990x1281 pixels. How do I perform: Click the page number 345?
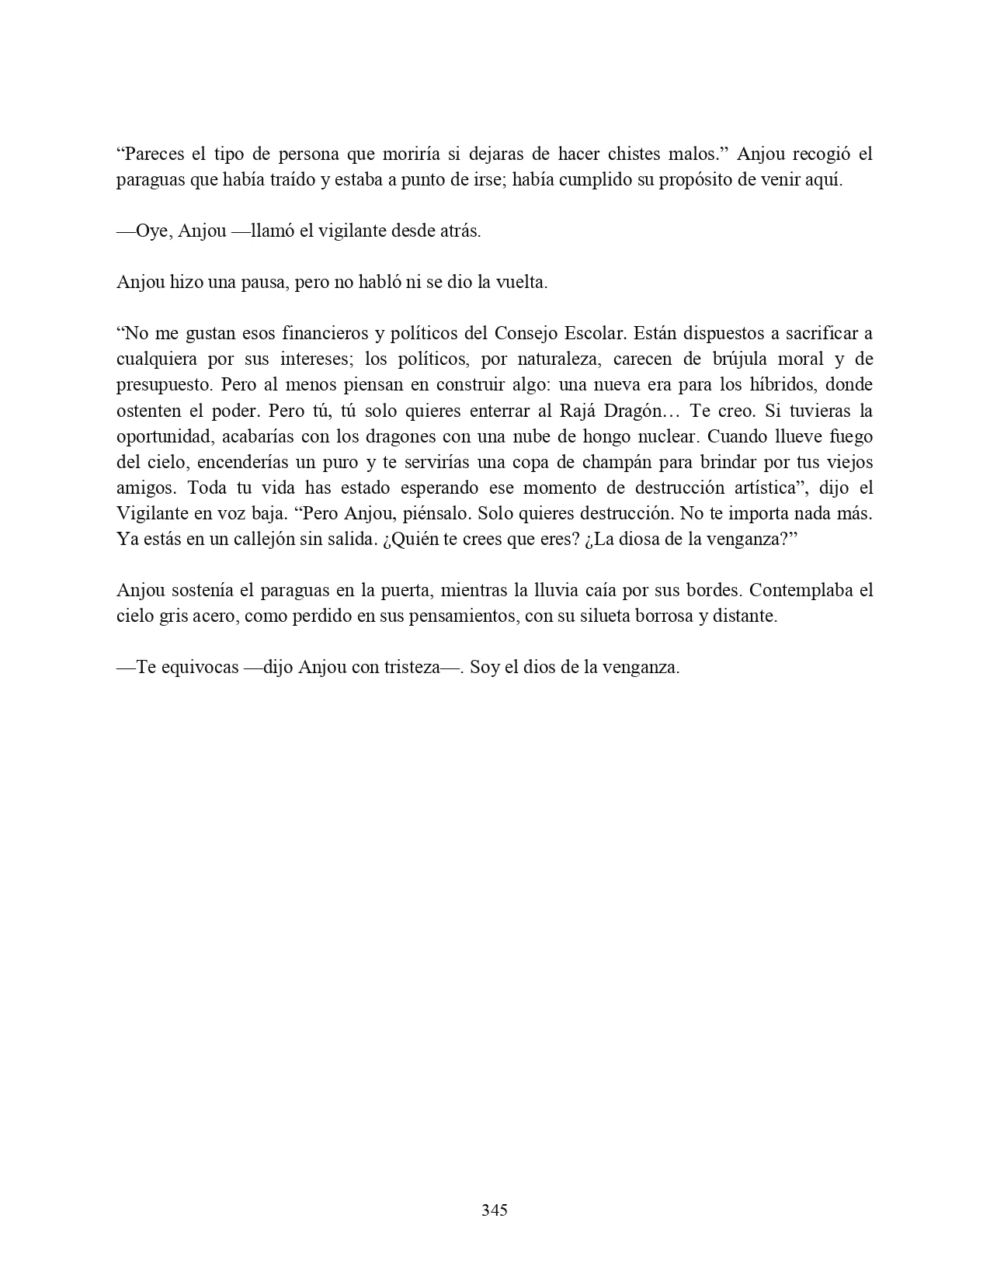click(495, 1210)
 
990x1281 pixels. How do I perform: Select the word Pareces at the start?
click(152, 154)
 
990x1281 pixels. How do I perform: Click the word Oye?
click(151, 231)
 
